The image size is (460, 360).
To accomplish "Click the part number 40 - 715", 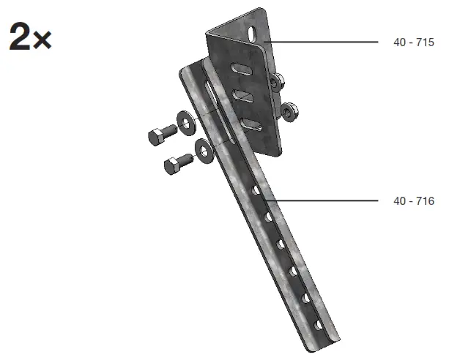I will tap(413, 42).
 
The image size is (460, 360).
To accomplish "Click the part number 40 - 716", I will tap(413, 200).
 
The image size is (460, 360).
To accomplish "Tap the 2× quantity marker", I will tap(30, 36).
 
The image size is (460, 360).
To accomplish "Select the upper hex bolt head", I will tap(158, 136).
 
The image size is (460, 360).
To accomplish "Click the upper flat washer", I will tap(187, 123).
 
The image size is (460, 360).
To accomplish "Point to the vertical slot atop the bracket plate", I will tap(251, 35).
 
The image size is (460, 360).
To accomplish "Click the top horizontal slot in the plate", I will tap(240, 69).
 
